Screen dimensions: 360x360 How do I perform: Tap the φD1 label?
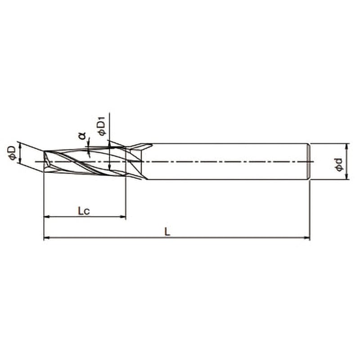pos(101,126)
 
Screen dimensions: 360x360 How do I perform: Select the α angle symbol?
pos(82,136)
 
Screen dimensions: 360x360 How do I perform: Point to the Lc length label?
pos(84,211)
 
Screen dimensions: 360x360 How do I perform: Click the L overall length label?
pos(167,232)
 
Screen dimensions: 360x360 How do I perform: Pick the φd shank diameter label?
pos(339,164)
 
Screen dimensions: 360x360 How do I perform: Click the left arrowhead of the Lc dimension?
pos(47,216)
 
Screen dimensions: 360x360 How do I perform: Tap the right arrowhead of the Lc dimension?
pos(123,216)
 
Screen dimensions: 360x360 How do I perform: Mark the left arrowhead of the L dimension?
pos(47,238)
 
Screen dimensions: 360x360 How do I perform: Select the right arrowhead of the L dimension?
pos(307,238)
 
